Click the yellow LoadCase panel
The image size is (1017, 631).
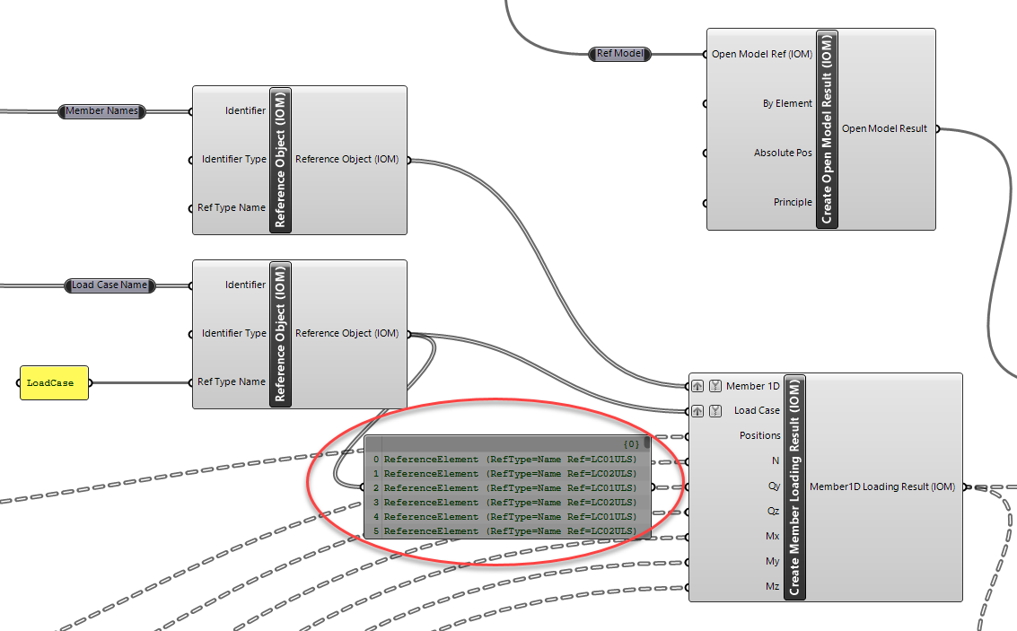pos(54,382)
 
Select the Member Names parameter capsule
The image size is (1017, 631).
pos(102,111)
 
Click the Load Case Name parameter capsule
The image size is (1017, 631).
pos(110,285)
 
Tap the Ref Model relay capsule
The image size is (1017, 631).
pos(620,54)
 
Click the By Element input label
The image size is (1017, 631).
pos(786,104)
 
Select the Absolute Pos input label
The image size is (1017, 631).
pos(782,153)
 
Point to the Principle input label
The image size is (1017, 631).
pos(792,203)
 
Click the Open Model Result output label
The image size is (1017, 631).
pos(883,129)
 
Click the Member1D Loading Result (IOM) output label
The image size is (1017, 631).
pos(881,487)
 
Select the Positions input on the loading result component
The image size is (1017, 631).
pos(759,436)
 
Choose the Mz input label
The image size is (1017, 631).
pos(771,587)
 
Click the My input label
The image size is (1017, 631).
pos(771,562)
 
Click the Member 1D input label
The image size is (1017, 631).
pos(752,387)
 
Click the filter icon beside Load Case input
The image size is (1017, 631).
pos(715,411)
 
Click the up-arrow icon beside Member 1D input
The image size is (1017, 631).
pos(697,387)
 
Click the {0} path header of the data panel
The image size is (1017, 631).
pos(631,443)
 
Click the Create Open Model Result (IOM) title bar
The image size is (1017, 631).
pos(828,129)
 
